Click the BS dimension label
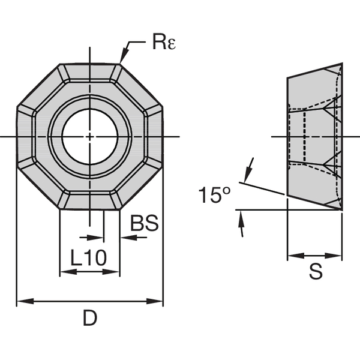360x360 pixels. [144, 223]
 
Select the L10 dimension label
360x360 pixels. [88, 258]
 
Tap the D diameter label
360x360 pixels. [89, 319]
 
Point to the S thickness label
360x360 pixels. [316, 271]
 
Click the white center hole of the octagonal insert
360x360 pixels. [89, 137]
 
